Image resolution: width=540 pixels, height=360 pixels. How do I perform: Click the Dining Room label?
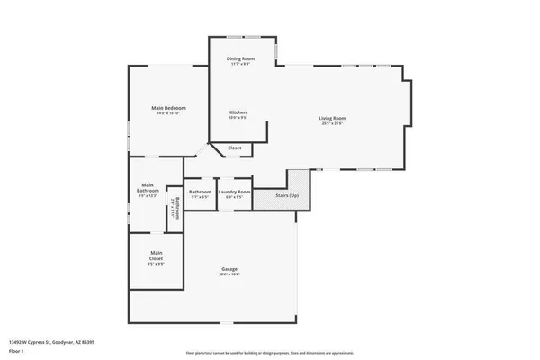pyautogui.click(x=240, y=58)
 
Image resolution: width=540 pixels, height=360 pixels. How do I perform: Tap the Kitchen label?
pyautogui.click(x=238, y=112)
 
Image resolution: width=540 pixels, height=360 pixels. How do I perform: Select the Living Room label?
pyautogui.click(x=332, y=118)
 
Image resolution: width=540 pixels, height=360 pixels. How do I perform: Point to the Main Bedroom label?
pyautogui.click(x=168, y=108)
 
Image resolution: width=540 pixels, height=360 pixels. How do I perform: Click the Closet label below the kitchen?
pyautogui.click(x=234, y=148)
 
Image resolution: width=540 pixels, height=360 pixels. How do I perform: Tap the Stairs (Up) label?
pyautogui.click(x=287, y=193)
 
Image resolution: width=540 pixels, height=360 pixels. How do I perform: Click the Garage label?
pyautogui.click(x=229, y=269)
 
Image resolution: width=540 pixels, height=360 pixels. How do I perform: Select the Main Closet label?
pyautogui.click(x=157, y=255)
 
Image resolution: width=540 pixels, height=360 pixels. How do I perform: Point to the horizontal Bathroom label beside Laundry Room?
pyautogui.click(x=200, y=192)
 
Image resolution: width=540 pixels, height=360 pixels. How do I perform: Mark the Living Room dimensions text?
pyautogui.click(x=332, y=123)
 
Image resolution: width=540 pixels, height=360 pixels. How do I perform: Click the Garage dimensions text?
pyautogui.click(x=229, y=274)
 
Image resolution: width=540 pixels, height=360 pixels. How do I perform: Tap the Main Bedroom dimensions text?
pyautogui.click(x=168, y=113)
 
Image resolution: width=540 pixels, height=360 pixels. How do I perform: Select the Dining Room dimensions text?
pyautogui.click(x=240, y=64)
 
